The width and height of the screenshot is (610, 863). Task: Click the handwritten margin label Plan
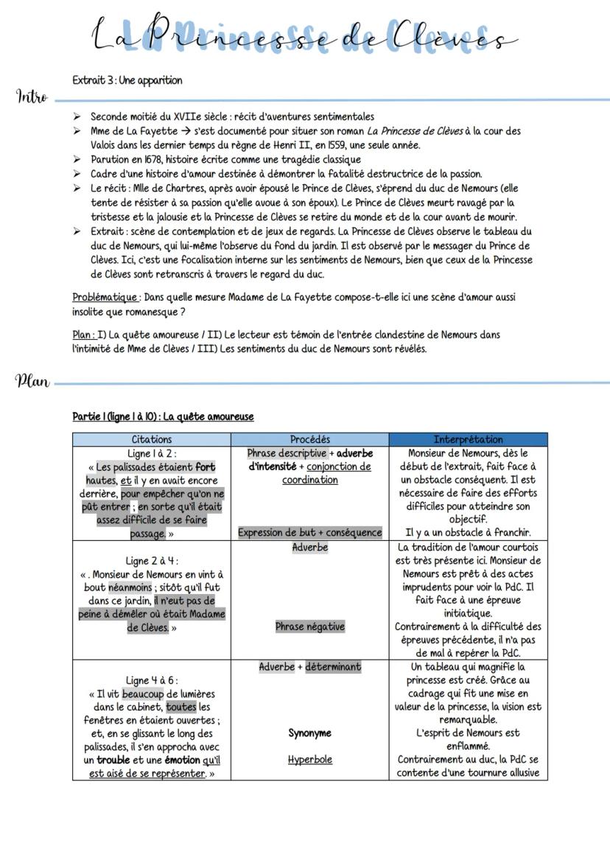click(32, 381)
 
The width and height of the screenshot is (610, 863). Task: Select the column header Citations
click(151, 439)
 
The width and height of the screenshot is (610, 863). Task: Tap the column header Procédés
click(309, 439)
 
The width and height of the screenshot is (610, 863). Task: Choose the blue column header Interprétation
click(469, 439)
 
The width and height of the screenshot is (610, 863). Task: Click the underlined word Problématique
click(105, 297)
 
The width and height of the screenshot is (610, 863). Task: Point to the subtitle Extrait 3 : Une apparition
click(127, 80)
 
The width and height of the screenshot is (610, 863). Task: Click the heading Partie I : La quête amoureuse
click(163, 416)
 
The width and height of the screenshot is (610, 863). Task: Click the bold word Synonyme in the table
click(309, 733)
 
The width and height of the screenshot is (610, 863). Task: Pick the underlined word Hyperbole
click(309, 759)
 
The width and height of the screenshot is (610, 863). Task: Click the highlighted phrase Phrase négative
click(309, 626)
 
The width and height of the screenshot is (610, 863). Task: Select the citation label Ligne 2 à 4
click(152, 561)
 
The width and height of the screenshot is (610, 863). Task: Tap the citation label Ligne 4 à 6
click(152, 680)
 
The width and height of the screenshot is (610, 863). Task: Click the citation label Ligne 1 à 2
click(152, 453)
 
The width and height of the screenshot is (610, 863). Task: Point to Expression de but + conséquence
click(309, 532)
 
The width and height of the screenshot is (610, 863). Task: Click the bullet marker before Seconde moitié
click(77, 116)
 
